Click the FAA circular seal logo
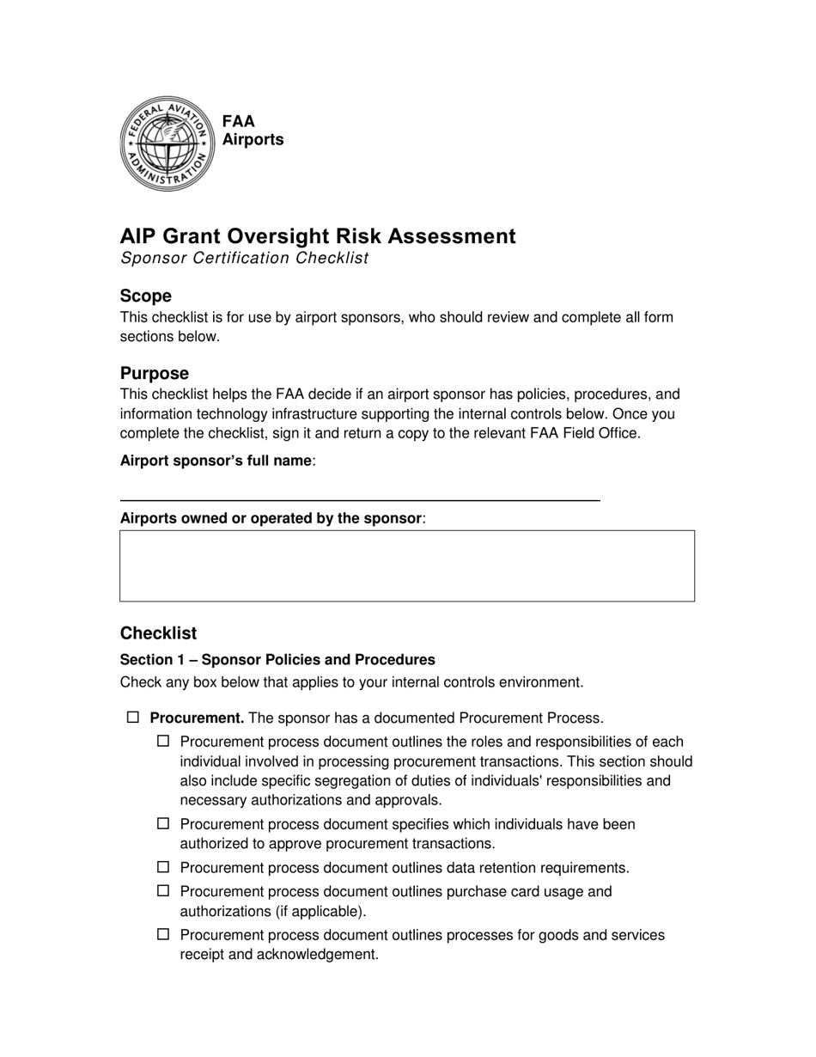point(167,144)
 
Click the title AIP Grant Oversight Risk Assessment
point(318,236)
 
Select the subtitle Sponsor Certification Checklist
point(244,258)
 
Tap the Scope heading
point(146,296)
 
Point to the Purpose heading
point(155,373)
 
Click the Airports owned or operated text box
point(406,565)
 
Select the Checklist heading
point(158,632)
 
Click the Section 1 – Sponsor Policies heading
point(277,659)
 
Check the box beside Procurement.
point(133,717)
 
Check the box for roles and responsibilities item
point(163,741)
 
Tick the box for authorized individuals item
point(163,823)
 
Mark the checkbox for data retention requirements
point(163,867)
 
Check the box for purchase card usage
point(163,891)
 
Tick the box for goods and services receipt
point(163,934)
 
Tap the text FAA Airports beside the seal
point(253,131)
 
